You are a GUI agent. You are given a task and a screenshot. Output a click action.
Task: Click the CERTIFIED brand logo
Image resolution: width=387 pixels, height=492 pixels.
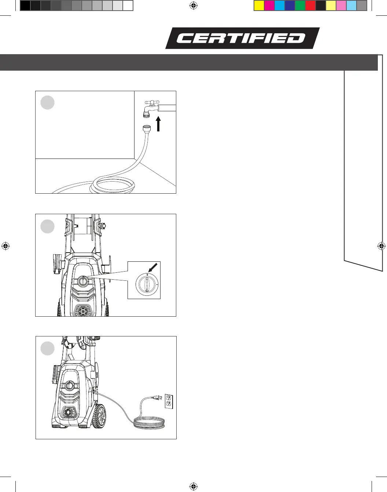coord(242,38)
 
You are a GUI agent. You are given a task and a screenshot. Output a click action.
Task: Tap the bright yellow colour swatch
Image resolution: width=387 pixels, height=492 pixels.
coord(259,6)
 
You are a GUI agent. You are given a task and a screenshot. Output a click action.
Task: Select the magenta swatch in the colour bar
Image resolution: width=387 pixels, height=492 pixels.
coord(269,6)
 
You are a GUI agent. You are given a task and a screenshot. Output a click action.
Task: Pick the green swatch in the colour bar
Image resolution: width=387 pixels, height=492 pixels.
coord(300,6)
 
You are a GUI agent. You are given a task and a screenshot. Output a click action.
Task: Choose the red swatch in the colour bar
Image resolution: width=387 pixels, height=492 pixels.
coord(310,6)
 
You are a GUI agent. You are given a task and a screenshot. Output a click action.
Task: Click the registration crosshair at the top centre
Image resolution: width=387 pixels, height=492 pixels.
coord(194,5)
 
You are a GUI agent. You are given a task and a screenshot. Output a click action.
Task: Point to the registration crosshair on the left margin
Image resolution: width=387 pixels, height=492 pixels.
coord(5,246)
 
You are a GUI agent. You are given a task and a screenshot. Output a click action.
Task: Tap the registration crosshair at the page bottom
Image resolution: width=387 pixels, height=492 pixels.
coord(194,486)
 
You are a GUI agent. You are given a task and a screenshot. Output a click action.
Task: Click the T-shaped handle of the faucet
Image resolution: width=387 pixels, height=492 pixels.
coord(151,102)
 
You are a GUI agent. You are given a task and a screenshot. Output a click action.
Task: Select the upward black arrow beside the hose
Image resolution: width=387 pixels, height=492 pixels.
coord(158,124)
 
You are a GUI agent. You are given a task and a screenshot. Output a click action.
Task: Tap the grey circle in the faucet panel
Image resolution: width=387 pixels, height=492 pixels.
coord(47,102)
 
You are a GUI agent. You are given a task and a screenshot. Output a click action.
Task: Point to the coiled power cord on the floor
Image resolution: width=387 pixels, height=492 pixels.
coord(149,424)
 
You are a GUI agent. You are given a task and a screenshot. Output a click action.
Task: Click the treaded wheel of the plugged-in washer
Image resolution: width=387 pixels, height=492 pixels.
coord(99,415)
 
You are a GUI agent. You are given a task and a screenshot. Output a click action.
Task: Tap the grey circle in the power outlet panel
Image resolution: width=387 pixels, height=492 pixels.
coord(47,348)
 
